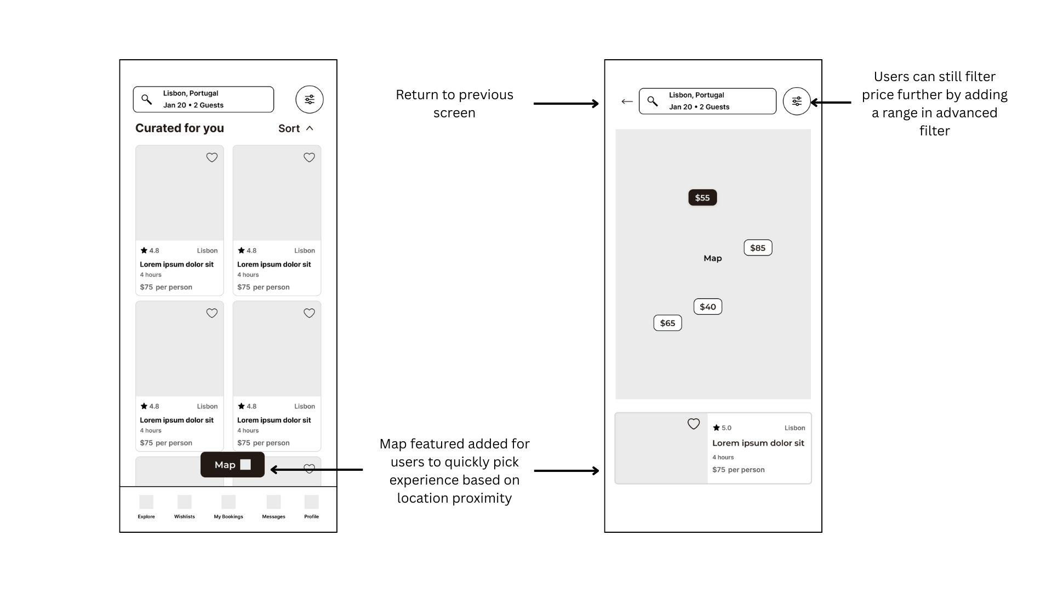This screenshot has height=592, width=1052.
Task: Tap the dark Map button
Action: point(232,465)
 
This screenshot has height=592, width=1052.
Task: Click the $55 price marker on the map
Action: point(702,198)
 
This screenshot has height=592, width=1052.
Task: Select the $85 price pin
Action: point(758,248)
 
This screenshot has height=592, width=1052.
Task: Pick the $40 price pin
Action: point(708,307)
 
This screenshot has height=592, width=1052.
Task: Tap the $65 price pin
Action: point(667,323)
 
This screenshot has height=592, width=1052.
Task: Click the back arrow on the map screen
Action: point(627,101)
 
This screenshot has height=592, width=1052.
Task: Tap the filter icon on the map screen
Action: point(797,101)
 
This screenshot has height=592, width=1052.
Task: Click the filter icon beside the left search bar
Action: point(310,100)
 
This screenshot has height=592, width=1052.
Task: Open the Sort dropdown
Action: point(296,128)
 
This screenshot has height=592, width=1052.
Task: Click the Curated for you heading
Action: point(180,128)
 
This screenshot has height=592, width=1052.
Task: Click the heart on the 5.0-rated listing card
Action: point(694,424)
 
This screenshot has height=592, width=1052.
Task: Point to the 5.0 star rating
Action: point(722,428)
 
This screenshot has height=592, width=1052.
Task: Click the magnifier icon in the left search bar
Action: point(146,99)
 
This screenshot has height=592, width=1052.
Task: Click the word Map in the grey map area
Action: point(713,258)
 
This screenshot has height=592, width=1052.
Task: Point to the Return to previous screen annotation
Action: point(454,104)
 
